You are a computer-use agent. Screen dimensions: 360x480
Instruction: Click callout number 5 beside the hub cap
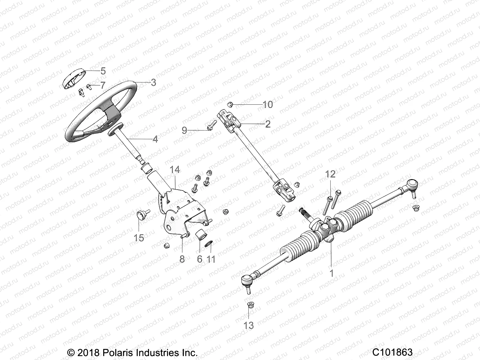103,71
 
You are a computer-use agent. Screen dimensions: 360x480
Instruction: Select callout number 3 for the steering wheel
153,82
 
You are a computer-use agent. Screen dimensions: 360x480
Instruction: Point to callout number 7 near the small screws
103,85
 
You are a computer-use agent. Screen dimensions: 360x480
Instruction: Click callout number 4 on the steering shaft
155,139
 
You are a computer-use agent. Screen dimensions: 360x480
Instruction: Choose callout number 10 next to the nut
268,104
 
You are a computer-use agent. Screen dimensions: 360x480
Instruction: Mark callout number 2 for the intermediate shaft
268,124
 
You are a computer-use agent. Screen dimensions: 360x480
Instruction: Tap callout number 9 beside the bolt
193,130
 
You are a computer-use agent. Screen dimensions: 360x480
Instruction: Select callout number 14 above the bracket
175,170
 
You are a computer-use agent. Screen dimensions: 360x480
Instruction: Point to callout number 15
139,238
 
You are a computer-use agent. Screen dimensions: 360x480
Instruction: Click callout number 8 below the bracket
182,259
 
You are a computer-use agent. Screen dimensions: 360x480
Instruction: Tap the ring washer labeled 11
209,242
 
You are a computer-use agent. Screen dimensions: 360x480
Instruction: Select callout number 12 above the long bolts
330,174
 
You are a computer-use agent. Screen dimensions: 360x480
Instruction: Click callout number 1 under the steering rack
331,273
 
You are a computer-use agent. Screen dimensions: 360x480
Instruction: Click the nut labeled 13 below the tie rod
249,305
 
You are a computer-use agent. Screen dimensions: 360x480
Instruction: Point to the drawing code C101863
393,352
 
